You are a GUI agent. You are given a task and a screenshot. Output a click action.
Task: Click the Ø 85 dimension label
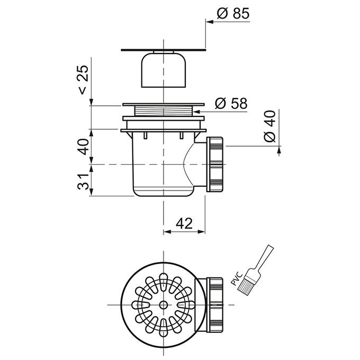point(233,14)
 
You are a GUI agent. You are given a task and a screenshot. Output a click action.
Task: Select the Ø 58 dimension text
point(231,104)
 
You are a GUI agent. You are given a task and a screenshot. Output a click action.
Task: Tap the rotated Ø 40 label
point(269,126)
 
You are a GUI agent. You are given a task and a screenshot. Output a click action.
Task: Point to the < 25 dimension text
point(83,79)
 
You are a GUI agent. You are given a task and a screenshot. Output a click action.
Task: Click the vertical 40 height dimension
point(83,147)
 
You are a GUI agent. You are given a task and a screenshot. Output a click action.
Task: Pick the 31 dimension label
point(83,182)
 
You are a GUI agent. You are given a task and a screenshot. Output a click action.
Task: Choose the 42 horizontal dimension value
point(185,223)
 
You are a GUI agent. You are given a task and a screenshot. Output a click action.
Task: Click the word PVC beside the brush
point(237,278)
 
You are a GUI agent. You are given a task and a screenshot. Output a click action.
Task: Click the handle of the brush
point(264,258)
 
